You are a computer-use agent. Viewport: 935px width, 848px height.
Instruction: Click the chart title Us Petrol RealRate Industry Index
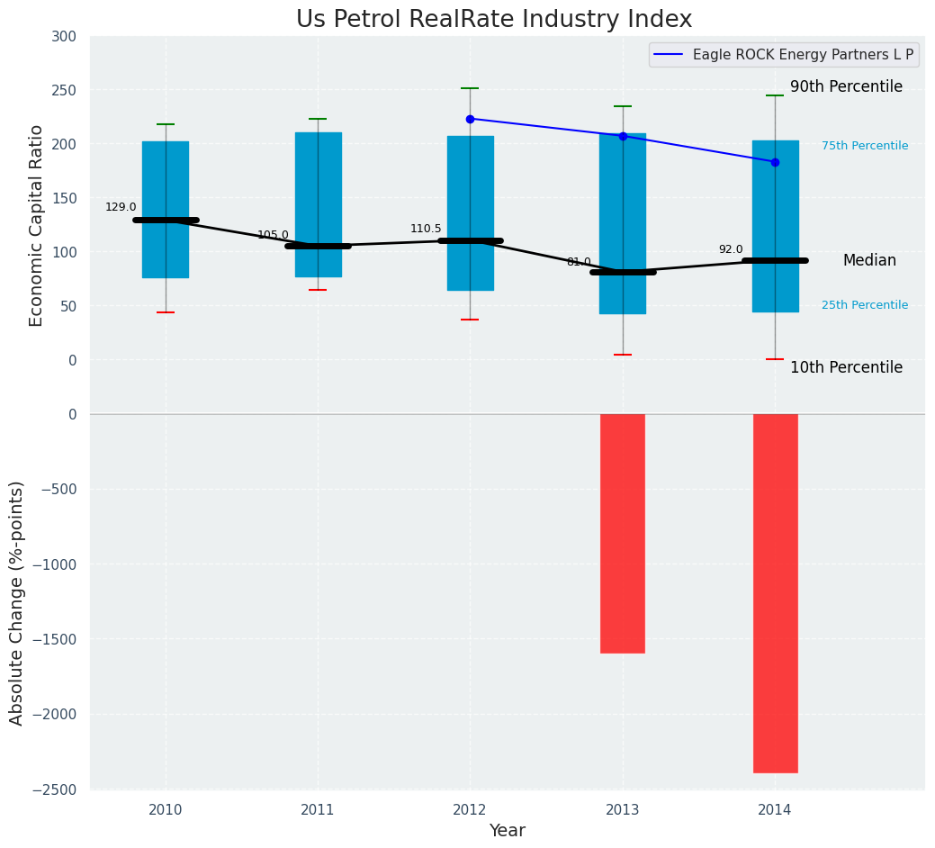(x=494, y=20)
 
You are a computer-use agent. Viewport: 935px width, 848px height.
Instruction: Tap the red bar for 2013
(x=622, y=533)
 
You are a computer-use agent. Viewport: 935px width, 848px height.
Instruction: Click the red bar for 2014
(x=775, y=592)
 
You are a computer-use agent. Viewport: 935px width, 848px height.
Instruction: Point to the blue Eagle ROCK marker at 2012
(x=470, y=119)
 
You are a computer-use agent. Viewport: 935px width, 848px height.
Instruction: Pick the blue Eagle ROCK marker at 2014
(x=775, y=162)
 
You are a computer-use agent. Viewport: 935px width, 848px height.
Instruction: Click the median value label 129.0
(x=121, y=207)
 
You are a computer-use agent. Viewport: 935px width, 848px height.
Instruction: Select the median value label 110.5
(x=426, y=229)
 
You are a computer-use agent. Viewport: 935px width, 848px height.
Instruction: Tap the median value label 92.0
(x=731, y=249)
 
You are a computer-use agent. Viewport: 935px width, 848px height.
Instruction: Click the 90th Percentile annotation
(x=846, y=86)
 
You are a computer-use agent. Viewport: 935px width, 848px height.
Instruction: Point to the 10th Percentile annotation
(x=846, y=367)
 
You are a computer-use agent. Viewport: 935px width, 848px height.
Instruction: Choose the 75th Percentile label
(x=865, y=146)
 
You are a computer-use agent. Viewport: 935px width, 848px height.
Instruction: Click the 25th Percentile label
(x=865, y=305)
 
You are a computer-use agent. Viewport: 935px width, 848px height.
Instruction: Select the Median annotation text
(x=869, y=260)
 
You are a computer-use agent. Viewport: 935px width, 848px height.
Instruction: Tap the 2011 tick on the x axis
(x=318, y=810)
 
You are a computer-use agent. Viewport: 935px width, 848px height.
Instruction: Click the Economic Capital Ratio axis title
(x=37, y=225)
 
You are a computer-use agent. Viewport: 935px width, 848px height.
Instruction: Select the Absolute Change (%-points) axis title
(x=17, y=602)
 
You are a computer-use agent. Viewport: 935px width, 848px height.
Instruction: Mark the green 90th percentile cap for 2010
(x=166, y=124)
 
